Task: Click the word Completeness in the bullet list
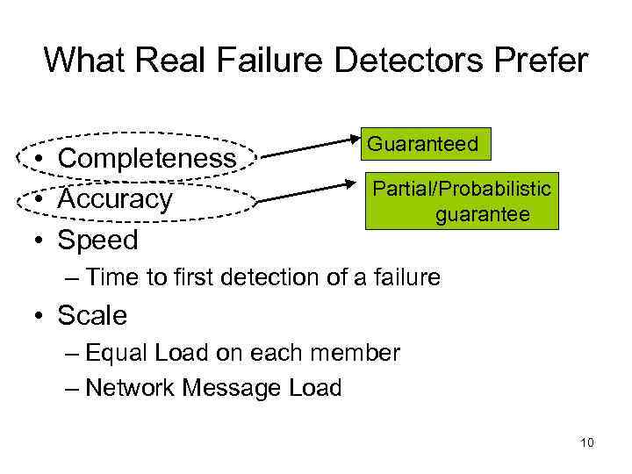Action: click(x=147, y=159)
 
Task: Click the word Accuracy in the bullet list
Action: click(x=115, y=199)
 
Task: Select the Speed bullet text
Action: click(x=97, y=240)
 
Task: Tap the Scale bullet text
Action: click(x=92, y=314)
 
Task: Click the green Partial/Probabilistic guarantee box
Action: click(x=463, y=201)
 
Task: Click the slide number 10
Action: click(x=587, y=442)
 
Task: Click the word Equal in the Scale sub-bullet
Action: click(x=117, y=354)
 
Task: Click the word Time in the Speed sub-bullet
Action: click(x=114, y=277)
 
